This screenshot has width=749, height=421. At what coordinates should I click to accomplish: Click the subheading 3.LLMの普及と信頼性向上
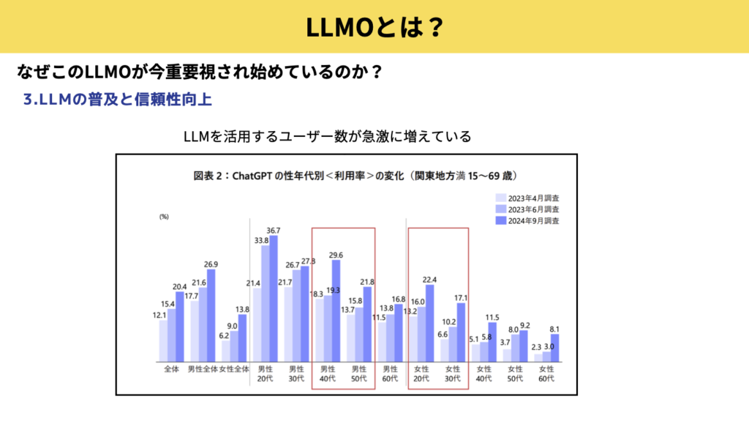point(118,100)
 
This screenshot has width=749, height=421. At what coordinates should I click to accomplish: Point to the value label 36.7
point(274,230)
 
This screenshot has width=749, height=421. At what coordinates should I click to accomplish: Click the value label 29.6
point(336,255)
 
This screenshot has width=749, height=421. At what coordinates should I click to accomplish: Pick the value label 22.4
point(429,280)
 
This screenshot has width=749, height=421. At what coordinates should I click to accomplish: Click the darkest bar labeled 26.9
point(211,316)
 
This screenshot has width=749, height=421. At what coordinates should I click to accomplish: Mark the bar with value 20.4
point(180,327)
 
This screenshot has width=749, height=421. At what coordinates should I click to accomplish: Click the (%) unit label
point(165,217)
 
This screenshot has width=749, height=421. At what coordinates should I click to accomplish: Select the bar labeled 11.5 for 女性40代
point(492,342)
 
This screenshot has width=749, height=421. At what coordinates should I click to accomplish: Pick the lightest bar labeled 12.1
point(163,340)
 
